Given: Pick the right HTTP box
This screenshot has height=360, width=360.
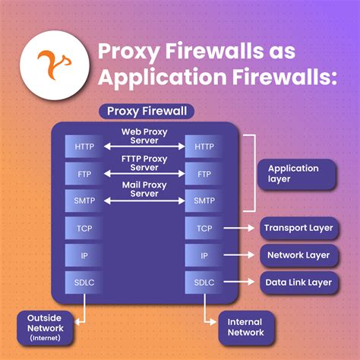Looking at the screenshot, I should pos(204,146).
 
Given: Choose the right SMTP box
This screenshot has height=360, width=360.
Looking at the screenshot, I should pos(204,201).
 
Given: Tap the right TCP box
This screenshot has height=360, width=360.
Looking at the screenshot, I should pos(204,228).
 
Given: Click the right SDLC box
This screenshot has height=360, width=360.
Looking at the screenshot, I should pos(204,283).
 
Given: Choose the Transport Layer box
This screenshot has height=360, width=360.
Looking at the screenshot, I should pos(297,228).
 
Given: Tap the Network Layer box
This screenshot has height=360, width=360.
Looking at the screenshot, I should pos(297,255).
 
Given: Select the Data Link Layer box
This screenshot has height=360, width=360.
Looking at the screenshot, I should pos(297,283).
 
